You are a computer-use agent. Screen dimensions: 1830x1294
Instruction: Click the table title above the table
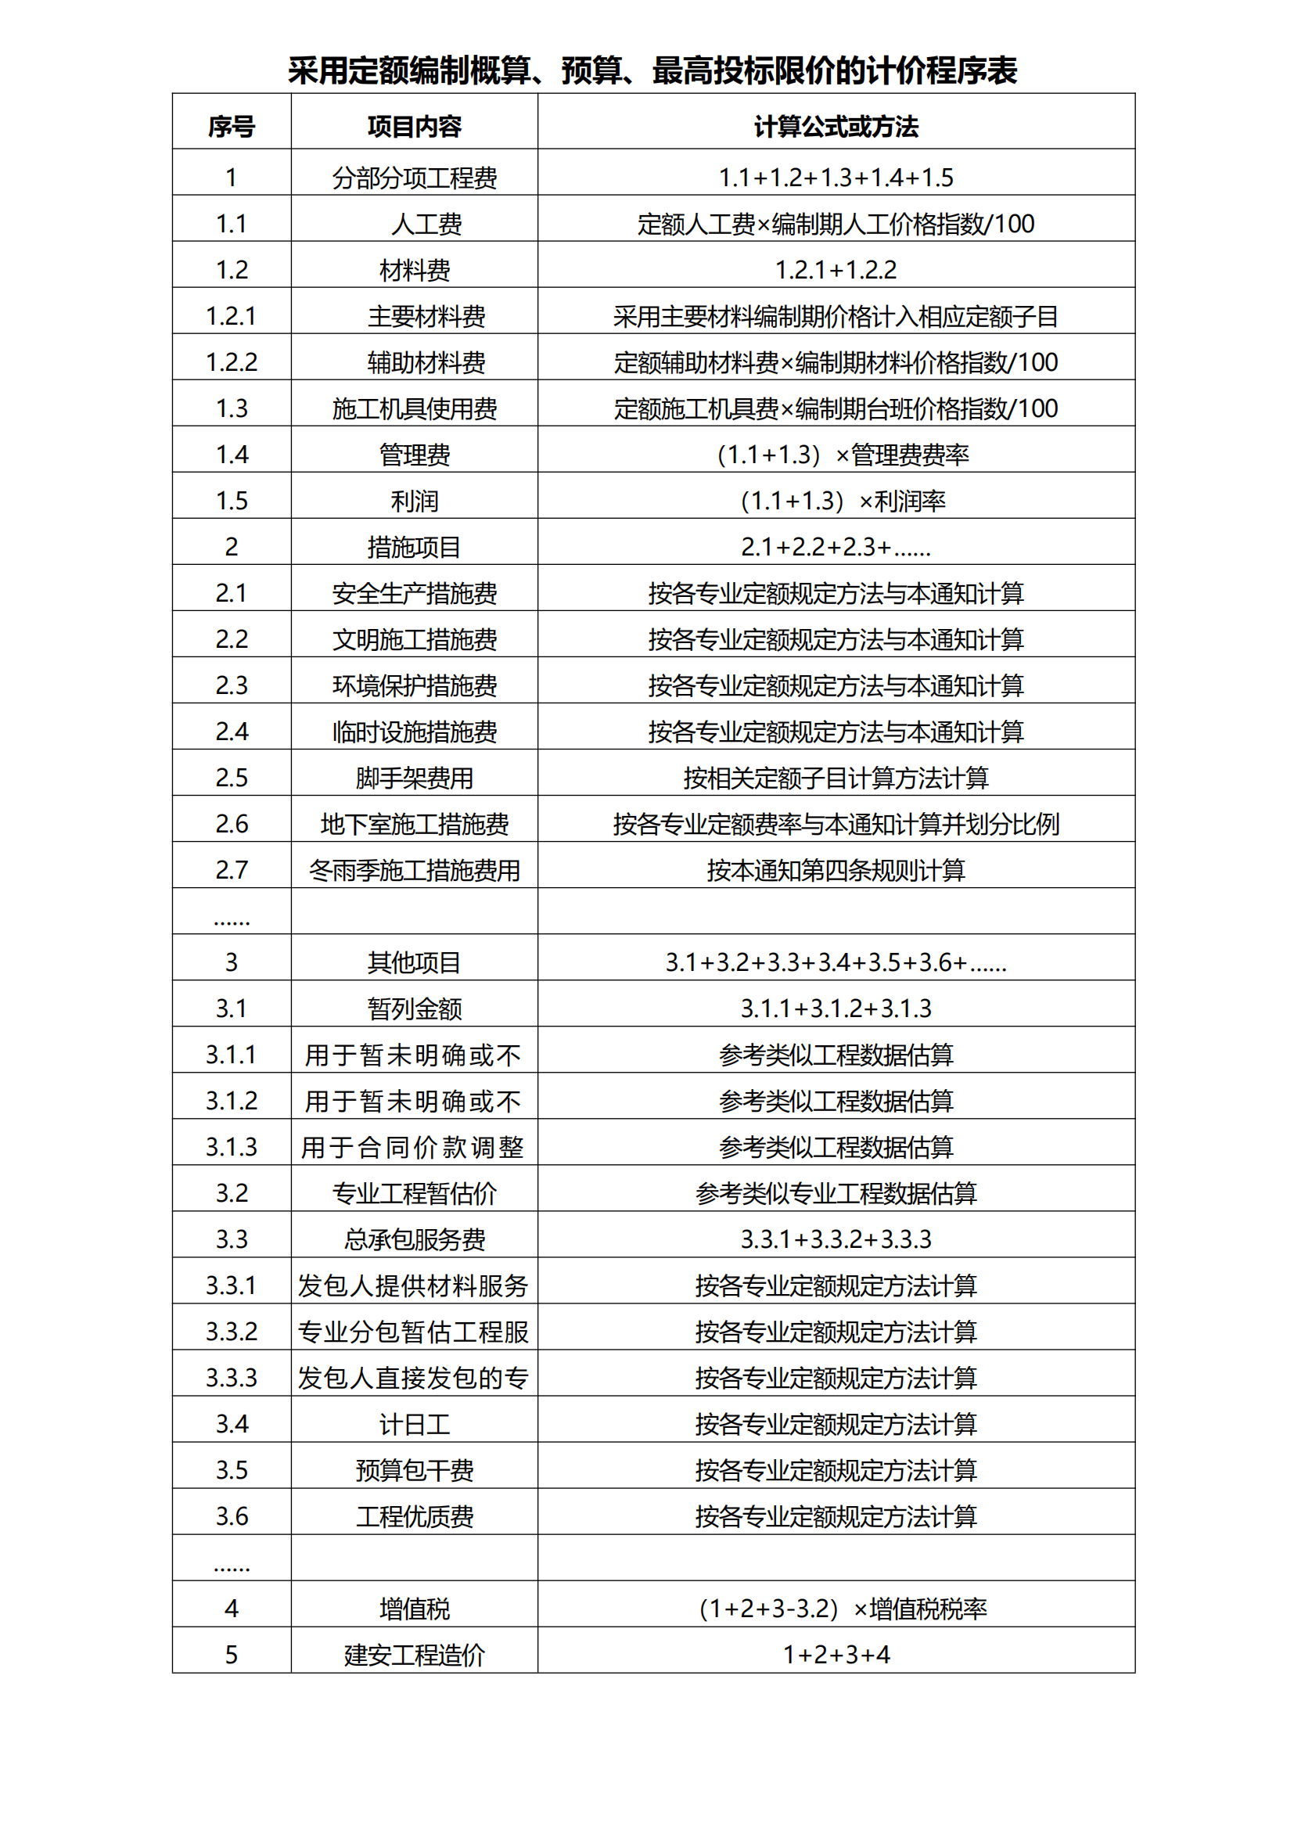click(x=652, y=70)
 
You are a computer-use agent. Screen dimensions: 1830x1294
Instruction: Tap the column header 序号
click(x=231, y=127)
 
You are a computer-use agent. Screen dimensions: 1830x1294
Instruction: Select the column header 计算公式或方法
click(x=836, y=127)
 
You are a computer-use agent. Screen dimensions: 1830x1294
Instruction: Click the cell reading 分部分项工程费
click(x=415, y=178)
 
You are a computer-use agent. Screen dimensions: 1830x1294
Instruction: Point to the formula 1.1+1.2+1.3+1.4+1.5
click(x=836, y=178)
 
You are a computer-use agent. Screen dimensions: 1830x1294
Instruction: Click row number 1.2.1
click(x=231, y=316)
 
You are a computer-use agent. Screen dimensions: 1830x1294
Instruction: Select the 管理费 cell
click(x=415, y=455)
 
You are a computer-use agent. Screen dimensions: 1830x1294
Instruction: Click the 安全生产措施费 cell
click(x=415, y=594)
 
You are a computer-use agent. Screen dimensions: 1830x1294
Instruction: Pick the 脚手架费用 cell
click(x=415, y=778)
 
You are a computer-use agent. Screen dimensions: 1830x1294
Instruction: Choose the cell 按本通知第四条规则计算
click(x=836, y=870)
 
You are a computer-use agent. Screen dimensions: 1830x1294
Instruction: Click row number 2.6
click(x=231, y=824)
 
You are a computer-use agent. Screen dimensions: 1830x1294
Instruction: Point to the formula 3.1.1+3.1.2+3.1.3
click(x=836, y=1009)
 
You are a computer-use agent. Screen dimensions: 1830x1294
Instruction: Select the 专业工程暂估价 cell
click(x=415, y=1194)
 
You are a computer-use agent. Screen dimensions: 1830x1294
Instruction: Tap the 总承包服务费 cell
click(x=415, y=1240)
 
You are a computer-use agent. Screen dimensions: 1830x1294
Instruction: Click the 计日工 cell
click(x=415, y=1424)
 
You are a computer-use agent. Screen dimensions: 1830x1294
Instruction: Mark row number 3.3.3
click(x=231, y=1378)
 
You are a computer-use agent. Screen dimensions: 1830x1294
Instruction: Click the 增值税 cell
click(x=415, y=1609)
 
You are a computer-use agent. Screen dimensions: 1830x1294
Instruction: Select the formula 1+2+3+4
click(x=836, y=1656)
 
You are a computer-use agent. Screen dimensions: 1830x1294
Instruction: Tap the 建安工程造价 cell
click(x=415, y=1656)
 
